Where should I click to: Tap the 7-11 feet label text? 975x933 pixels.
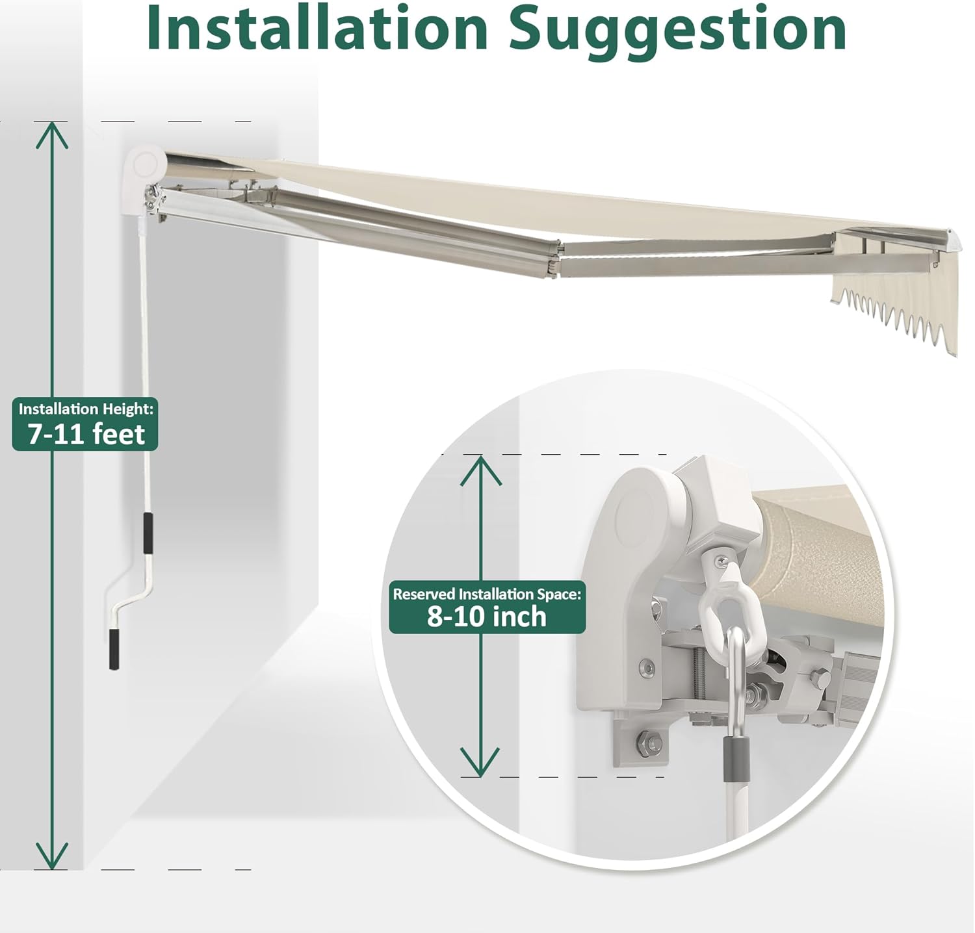(86, 433)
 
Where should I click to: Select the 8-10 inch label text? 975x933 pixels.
(487, 616)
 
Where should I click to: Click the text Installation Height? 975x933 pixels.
(86, 409)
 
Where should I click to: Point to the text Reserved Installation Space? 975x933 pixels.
(487, 593)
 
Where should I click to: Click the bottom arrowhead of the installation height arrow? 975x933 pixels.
(52, 856)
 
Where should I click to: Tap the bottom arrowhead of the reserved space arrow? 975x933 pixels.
(480, 762)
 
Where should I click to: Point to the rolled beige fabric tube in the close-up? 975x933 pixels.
(819, 539)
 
